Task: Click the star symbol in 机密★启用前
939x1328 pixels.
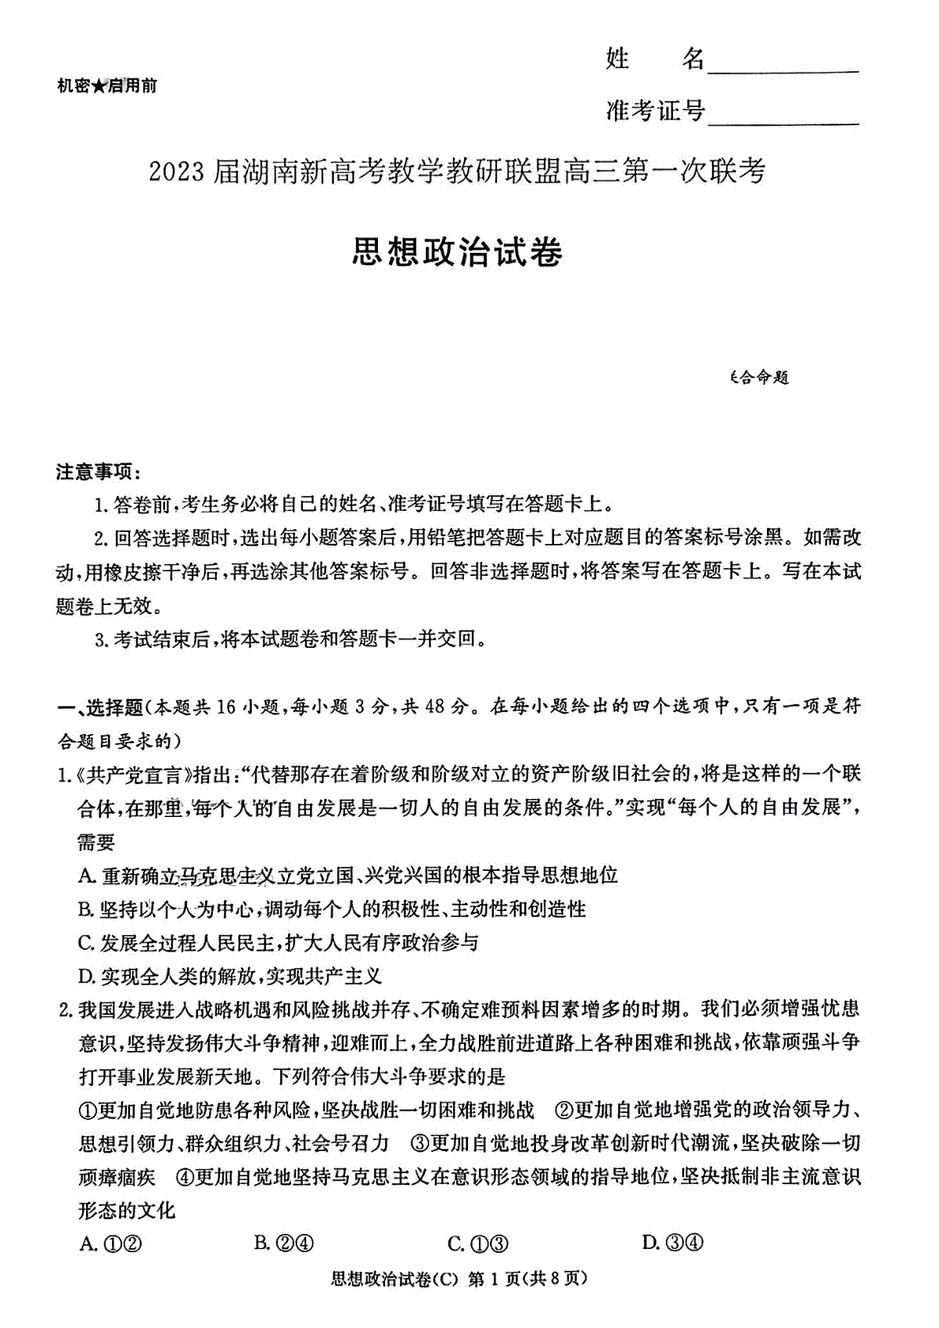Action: pos(99,86)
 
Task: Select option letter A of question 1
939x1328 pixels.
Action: pos(86,876)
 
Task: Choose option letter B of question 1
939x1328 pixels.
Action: pos(86,909)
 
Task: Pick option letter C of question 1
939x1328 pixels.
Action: pos(86,943)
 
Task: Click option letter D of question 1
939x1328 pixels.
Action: pos(86,977)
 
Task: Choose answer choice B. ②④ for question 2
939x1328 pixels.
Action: pos(284,1243)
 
